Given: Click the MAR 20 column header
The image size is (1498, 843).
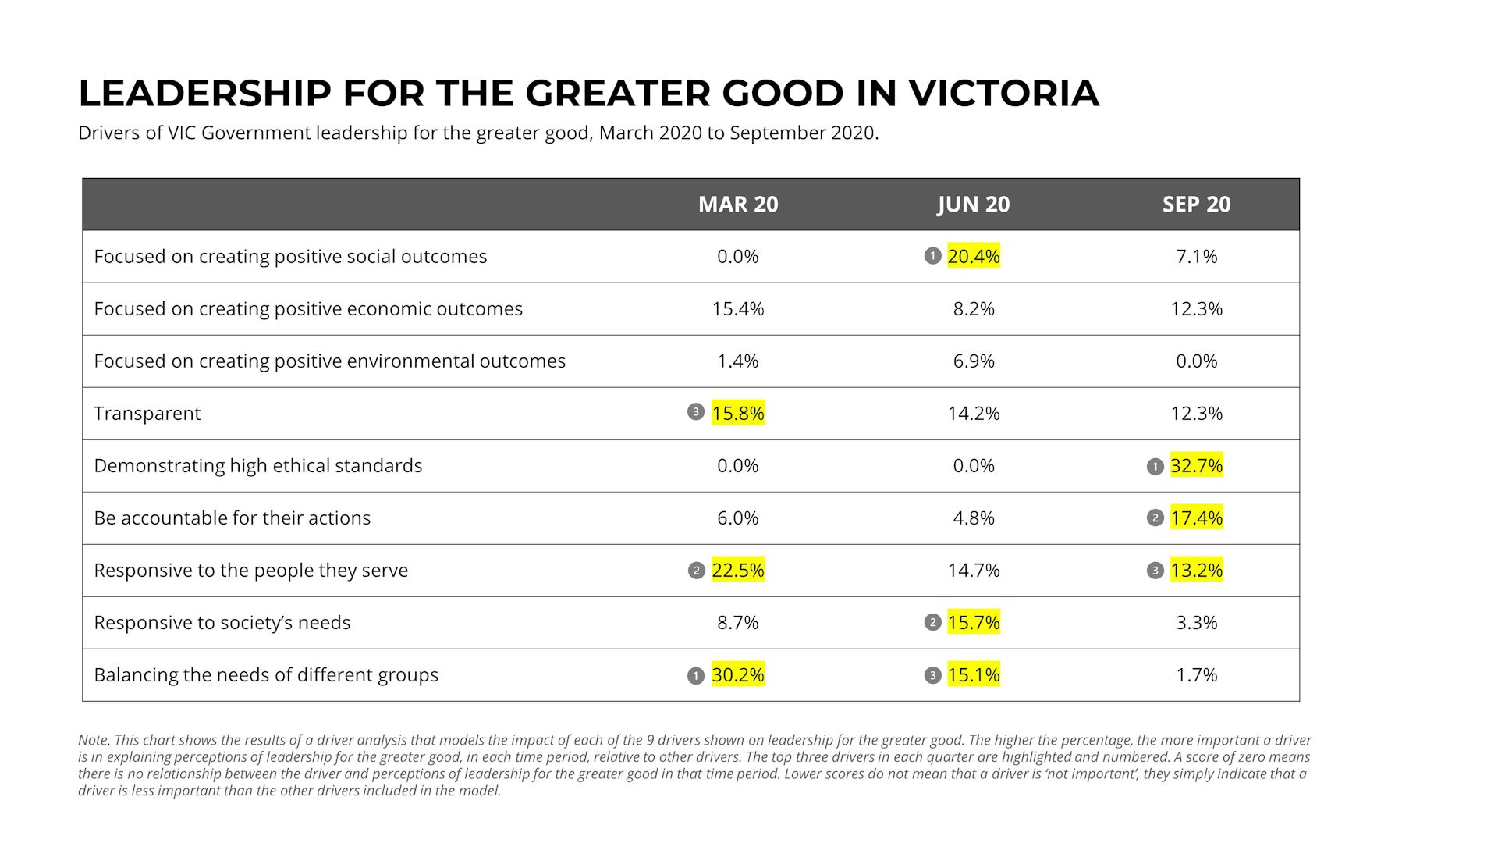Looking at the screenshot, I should pos(737,205).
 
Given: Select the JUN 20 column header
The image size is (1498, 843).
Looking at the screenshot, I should pos(973,205).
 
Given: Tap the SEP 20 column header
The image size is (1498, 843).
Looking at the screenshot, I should pos(1196,205).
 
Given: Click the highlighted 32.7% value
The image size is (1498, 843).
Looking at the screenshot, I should pos(1196,466).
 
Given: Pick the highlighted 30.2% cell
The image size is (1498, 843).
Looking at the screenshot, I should pos(737,675).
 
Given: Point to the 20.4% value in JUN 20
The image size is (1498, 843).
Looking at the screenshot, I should pos(973,257).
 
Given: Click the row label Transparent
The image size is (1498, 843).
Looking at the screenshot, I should pos(147,414).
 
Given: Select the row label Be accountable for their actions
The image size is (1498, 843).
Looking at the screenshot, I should pos(232,518).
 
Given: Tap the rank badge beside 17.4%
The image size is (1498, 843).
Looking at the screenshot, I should pos(1155,518).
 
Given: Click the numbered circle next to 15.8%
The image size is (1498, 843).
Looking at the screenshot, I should pos(696,412).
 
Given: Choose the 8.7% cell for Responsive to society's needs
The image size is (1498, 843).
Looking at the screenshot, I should pos(737,623).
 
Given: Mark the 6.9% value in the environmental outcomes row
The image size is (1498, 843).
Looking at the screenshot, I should pos(973,361).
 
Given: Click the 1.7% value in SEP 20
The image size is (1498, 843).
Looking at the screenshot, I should pos(1196,675).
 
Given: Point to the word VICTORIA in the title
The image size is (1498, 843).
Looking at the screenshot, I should pos(1003,94).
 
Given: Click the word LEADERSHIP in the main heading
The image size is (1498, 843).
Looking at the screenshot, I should pos(204,94).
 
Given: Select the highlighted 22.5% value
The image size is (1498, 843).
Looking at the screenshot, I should pos(737,571).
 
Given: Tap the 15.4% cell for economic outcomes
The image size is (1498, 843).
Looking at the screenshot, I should pos(737,309).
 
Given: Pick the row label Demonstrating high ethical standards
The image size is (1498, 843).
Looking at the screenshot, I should pos(257,466).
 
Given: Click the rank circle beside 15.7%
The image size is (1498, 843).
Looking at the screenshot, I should pos(932,623).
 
